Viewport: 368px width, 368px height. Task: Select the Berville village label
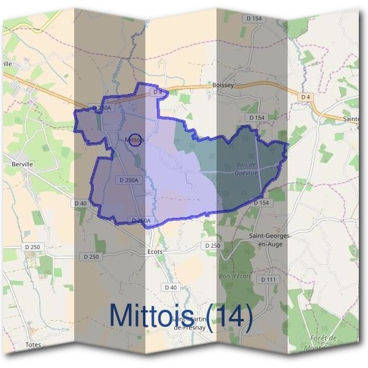[21, 164]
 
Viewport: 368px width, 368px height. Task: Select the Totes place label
[33, 345]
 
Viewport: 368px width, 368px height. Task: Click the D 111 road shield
[268, 280]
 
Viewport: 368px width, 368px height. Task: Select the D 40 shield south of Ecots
[171, 287]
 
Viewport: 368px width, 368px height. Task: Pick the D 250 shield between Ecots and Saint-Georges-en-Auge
[212, 245]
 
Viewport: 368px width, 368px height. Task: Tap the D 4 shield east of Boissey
[306, 97]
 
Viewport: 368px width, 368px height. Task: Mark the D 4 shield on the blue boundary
[158, 91]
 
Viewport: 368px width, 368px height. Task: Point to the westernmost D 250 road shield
[33, 247]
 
